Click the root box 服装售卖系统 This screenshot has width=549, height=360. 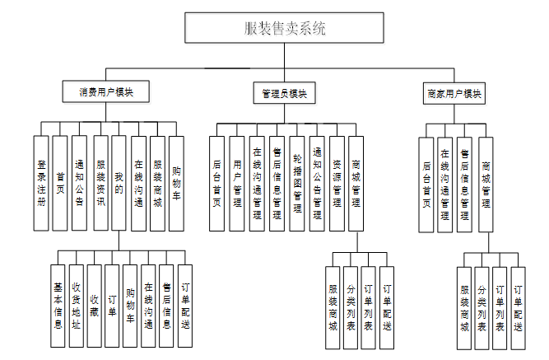(285, 29)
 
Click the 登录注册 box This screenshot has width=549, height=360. (41, 183)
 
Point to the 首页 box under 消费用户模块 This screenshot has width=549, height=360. (60, 183)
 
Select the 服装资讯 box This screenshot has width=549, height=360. (100, 183)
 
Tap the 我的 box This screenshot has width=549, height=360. (120, 183)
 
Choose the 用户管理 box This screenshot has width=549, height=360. (236, 183)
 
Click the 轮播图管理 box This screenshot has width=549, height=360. (297, 183)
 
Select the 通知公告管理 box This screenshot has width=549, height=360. (317, 183)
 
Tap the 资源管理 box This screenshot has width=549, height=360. (337, 183)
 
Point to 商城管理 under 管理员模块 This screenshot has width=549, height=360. (356, 183)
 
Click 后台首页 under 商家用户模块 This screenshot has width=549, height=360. (426, 184)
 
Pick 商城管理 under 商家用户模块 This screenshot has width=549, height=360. (486, 184)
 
